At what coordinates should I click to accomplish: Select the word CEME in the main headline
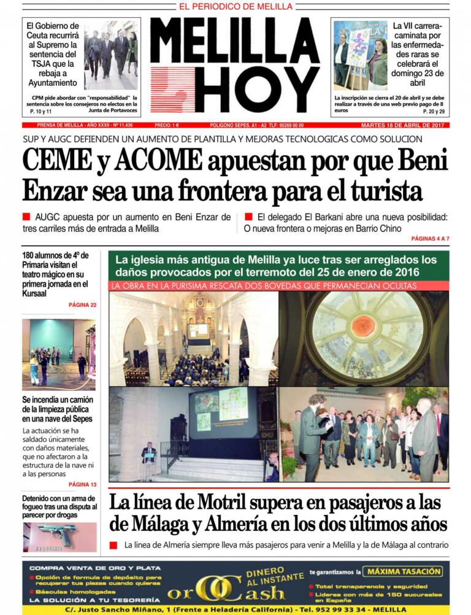(x=55, y=161)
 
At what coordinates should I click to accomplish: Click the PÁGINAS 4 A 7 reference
(x=430, y=238)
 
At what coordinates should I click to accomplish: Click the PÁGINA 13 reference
(x=82, y=484)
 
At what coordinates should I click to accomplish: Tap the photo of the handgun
(x=59, y=536)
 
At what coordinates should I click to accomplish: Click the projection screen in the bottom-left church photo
(x=222, y=412)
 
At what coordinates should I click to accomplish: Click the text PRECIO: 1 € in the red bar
(x=167, y=125)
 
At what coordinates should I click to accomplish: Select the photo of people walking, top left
(x=111, y=54)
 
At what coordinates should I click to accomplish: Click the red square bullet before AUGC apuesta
(x=26, y=217)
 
